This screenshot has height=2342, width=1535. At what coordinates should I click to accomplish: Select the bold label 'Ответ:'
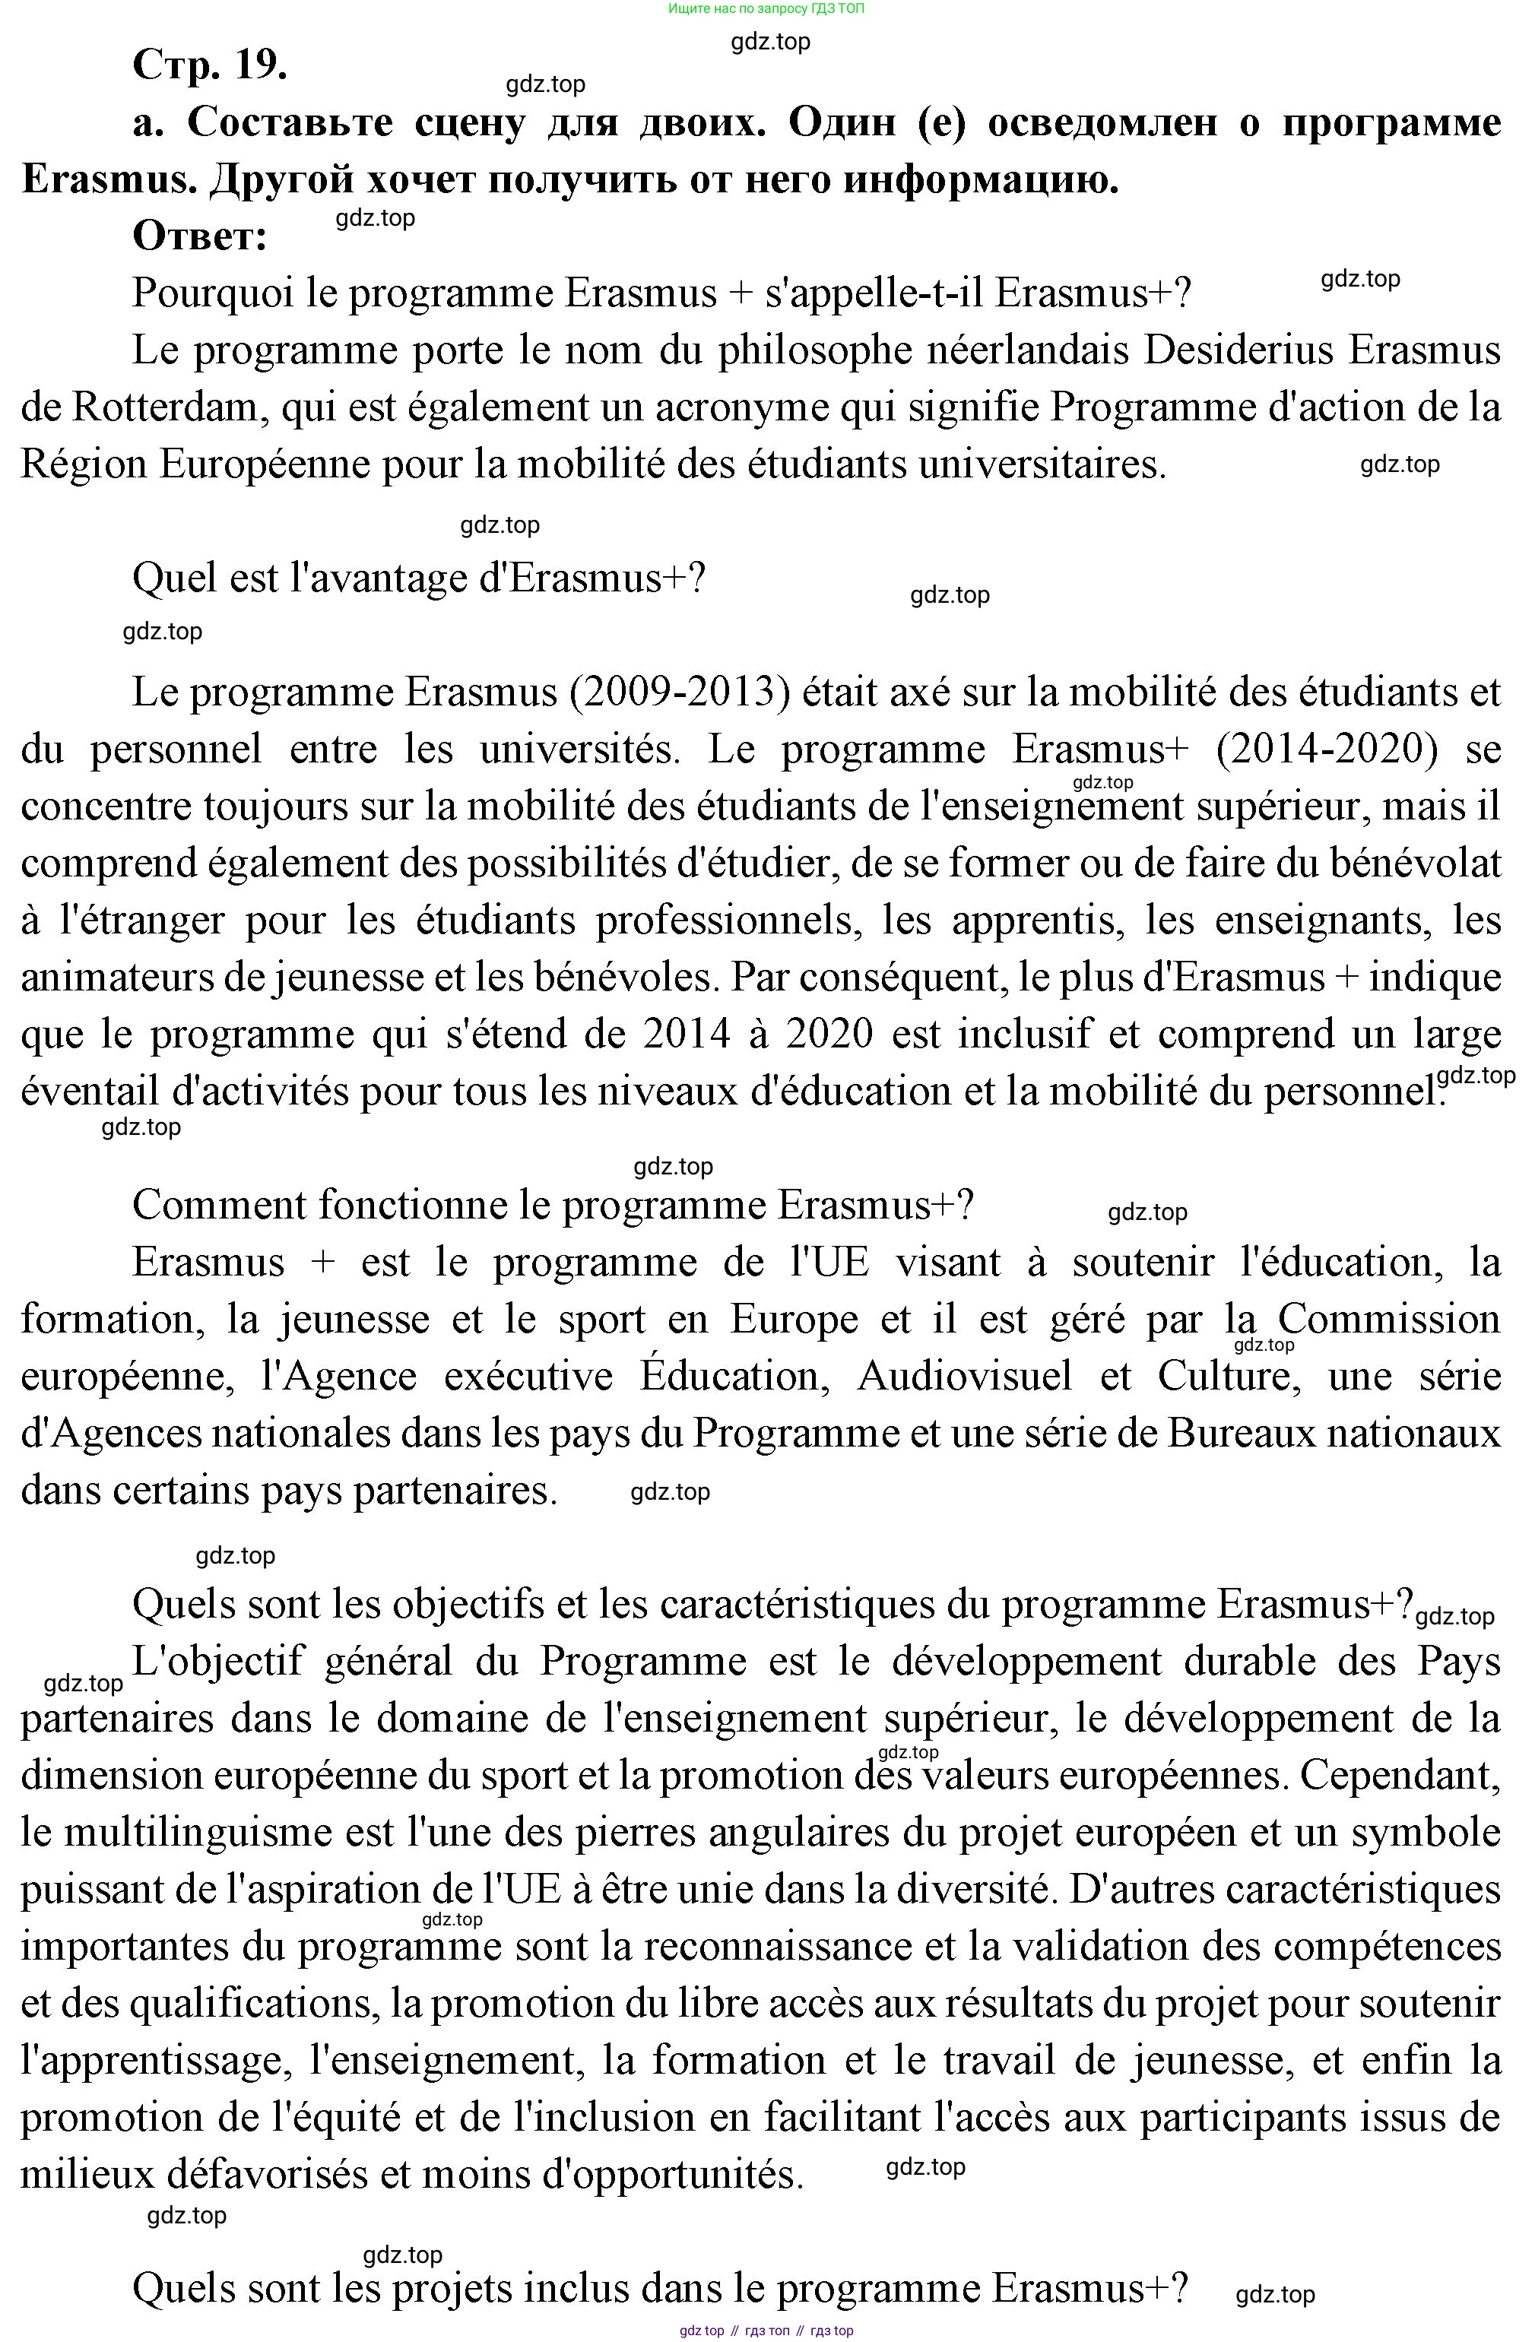point(200,237)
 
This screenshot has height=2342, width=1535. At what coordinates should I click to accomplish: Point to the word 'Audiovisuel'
point(964,1377)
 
